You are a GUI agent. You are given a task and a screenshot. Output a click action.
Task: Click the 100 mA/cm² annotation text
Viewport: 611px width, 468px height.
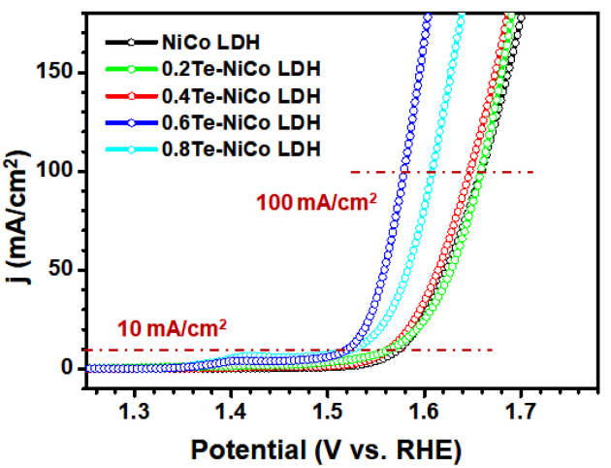pyautogui.click(x=315, y=204)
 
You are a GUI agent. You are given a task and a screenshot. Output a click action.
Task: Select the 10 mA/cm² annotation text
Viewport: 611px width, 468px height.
pyautogui.click(x=172, y=328)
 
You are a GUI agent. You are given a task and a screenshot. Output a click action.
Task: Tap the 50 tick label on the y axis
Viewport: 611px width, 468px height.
pyautogui.click(x=65, y=270)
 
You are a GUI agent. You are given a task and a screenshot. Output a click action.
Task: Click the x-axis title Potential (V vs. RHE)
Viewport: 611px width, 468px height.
pyautogui.click(x=325, y=449)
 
